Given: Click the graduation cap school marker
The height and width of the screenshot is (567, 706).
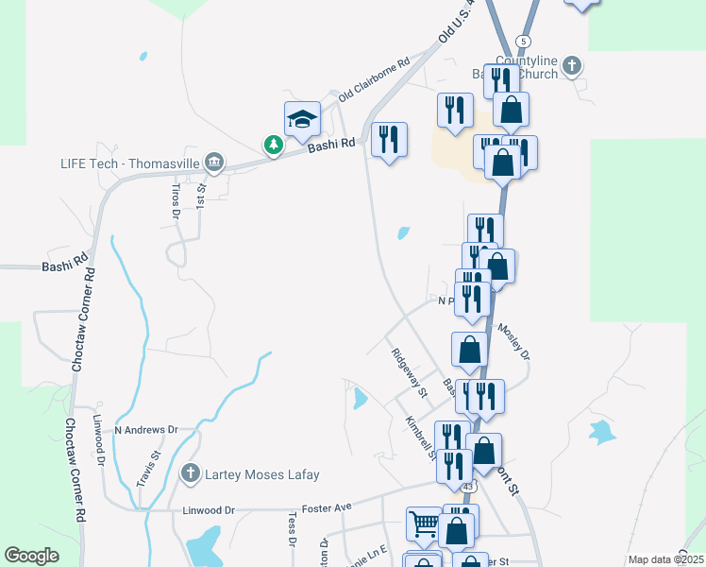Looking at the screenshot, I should [x=303, y=118].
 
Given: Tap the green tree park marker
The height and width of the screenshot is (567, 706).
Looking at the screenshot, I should [x=273, y=145].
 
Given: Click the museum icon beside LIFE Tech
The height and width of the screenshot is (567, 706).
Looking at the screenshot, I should [x=214, y=163].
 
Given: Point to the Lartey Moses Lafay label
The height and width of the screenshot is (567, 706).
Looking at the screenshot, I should [x=262, y=474].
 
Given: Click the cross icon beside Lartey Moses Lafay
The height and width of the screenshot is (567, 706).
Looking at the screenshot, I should [x=191, y=473].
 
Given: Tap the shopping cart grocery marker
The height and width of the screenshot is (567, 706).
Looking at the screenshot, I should [x=423, y=522].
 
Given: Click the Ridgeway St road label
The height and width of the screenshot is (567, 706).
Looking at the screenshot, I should [x=410, y=372].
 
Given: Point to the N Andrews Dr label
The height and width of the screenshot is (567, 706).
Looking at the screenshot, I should [x=146, y=429].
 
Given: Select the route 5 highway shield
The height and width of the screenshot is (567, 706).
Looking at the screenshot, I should [x=524, y=41].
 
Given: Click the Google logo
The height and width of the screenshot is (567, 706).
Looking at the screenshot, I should [x=32, y=556].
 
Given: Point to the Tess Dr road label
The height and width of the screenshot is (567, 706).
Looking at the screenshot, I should [x=292, y=530].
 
